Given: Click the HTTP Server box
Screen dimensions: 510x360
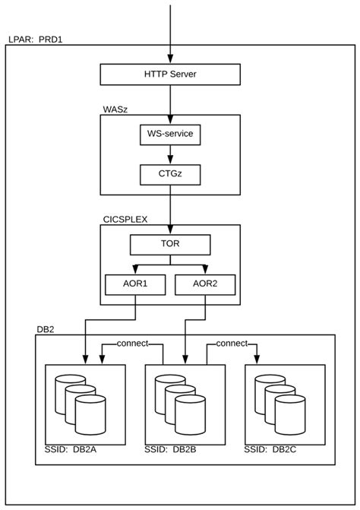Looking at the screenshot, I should coord(170,74).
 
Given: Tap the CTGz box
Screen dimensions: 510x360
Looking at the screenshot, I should coord(170,175).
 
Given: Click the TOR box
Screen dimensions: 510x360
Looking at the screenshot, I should coord(170,245).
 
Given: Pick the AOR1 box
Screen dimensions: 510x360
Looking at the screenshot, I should coord(135,285).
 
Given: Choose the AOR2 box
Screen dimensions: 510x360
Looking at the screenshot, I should coord(205,285).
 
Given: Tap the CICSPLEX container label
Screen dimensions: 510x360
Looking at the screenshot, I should coord(126,219).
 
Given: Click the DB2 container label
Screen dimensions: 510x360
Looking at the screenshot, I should coord(45,329).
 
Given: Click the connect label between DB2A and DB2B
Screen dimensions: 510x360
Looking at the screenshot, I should coord(134,344).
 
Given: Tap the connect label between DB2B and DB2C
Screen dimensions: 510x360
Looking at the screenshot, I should coord(233,344).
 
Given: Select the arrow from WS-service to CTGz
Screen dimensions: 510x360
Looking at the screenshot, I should coord(170,156).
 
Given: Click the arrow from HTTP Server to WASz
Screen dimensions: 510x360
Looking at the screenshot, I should coord(170,99).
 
